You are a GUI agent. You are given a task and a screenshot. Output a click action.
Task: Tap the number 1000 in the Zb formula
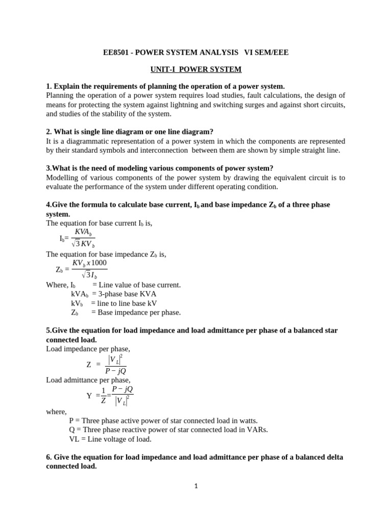click(97, 263)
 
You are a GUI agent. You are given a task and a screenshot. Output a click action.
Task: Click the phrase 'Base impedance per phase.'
click(136, 313)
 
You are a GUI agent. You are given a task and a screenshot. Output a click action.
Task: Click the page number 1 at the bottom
click(196, 486)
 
